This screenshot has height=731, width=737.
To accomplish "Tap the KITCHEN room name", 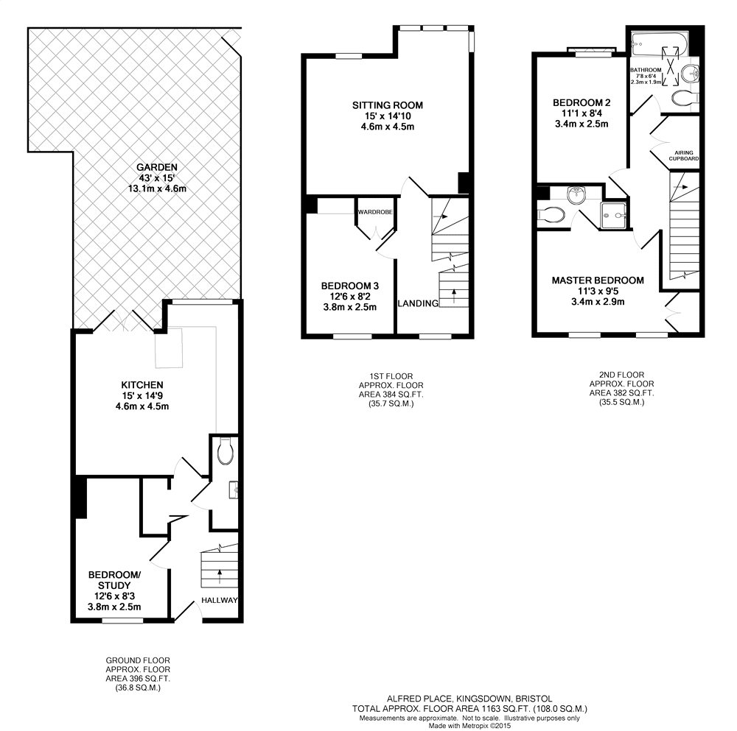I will click(x=142, y=384).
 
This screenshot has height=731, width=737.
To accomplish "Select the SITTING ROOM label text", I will click(x=387, y=105).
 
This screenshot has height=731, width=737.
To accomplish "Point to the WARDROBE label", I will click(x=375, y=212).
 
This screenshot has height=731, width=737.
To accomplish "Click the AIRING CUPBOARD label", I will click(x=684, y=155).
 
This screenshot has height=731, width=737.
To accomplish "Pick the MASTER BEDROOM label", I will click(x=598, y=280).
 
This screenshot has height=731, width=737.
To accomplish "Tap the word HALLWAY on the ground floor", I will click(x=220, y=600).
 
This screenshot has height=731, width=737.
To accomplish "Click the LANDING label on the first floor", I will click(x=418, y=303).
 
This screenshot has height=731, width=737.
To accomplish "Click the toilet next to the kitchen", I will click(x=226, y=451).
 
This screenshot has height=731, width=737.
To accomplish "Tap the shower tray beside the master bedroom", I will click(x=615, y=215).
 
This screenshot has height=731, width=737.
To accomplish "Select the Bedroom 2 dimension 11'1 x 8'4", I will click(x=581, y=113).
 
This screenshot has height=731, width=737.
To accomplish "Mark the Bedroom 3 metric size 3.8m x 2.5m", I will click(x=350, y=307).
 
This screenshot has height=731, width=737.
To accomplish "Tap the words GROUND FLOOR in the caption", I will click(x=138, y=660).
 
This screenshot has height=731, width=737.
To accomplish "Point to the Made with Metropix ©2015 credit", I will click(x=469, y=725).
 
